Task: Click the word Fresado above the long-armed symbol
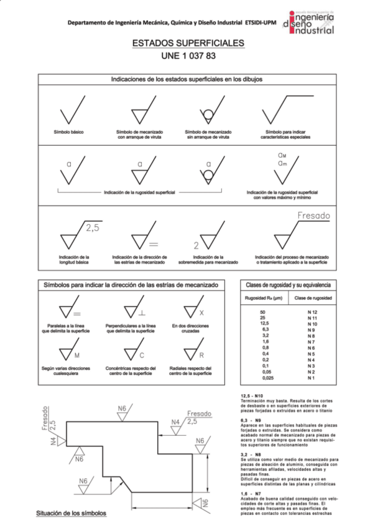[314, 215]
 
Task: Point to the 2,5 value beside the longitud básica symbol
[92, 229]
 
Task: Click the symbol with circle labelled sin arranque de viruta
[208, 113]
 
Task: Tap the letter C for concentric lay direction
[142, 355]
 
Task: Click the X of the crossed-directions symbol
[202, 313]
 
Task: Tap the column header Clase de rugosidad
[312, 298]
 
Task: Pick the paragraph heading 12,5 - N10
[253, 395]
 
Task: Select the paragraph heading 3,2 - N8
[252, 456]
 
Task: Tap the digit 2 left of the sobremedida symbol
[196, 245]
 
